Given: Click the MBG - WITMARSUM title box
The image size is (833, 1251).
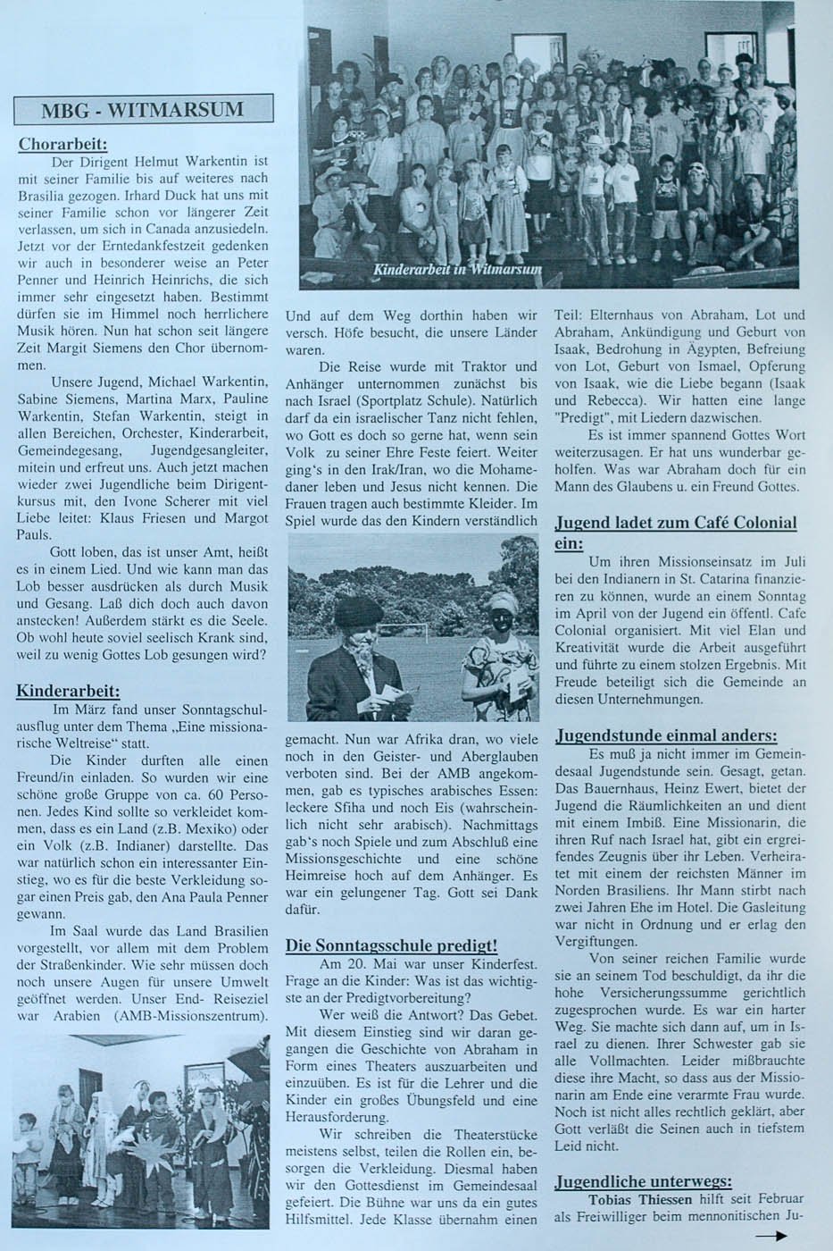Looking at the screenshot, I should coord(143,110).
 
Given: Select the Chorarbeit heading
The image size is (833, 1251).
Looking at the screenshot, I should coord(62,144).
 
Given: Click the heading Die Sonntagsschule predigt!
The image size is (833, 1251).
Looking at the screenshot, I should coord(391,945).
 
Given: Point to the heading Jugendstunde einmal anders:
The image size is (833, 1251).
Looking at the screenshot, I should coord(665,735).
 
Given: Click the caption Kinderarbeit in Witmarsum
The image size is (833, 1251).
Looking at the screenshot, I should coord(455,271).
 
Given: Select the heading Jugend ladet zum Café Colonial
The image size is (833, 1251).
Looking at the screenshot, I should coord(675,523).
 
